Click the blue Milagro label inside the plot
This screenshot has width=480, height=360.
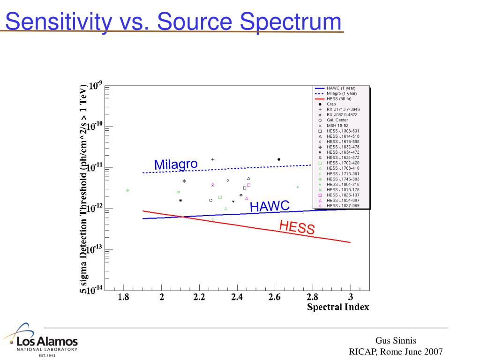pyautogui.click(x=176, y=165)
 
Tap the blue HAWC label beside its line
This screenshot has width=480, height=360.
pyautogui.click(x=270, y=206)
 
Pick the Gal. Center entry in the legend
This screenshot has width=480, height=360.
pyautogui.click(x=337, y=120)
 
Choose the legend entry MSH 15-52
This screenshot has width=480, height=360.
pyautogui.click(x=337, y=126)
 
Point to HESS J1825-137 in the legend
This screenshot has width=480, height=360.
pyautogui.click(x=343, y=195)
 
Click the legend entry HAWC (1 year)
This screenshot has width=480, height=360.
pyautogui.click(x=341, y=88)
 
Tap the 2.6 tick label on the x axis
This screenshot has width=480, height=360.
pyautogui.click(x=275, y=297)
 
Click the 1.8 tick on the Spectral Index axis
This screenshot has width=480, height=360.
pyautogui.click(x=124, y=297)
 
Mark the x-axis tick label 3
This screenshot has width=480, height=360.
pyautogui.click(x=350, y=297)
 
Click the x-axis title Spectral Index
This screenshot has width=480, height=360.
pyautogui.click(x=338, y=307)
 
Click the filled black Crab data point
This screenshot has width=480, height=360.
pyautogui.click(x=279, y=159)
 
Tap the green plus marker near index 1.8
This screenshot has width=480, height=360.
pyautogui.click(x=127, y=190)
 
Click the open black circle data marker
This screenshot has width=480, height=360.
pyautogui.click(x=211, y=200)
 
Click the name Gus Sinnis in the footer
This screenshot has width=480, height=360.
pyautogui.click(x=396, y=341)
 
